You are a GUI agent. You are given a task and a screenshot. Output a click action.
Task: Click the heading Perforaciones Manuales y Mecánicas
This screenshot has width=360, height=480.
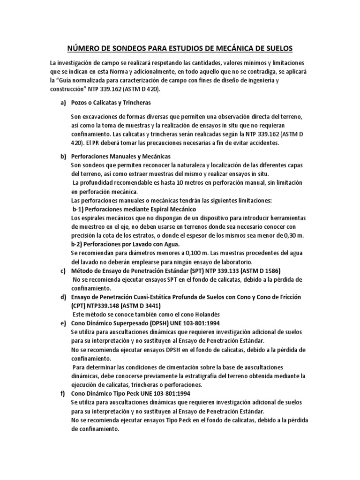(121, 156)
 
